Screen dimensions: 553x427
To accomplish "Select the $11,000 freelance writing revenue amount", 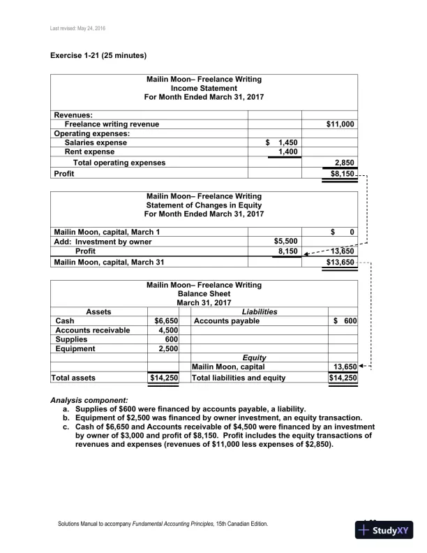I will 340,124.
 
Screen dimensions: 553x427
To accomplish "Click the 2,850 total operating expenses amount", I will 345,163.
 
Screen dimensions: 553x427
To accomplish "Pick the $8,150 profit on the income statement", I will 343,173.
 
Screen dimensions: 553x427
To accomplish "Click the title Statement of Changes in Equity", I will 204,205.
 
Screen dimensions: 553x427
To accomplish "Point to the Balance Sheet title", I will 204,294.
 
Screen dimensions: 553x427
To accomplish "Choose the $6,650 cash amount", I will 167,321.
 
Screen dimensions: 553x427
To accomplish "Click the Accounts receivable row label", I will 92,330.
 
